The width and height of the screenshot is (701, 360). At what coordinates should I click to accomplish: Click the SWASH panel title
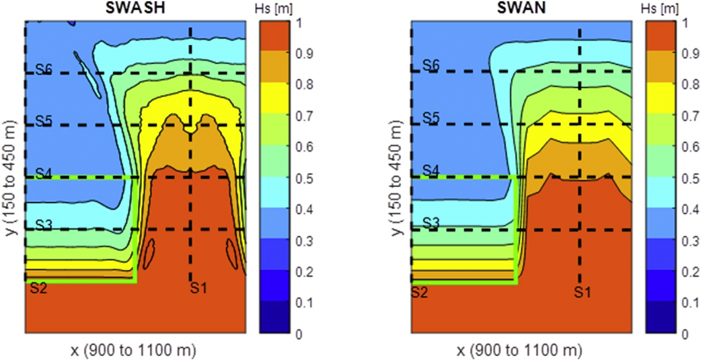(x=134, y=9)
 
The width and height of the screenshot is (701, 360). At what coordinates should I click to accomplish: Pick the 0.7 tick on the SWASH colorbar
(x=305, y=116)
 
